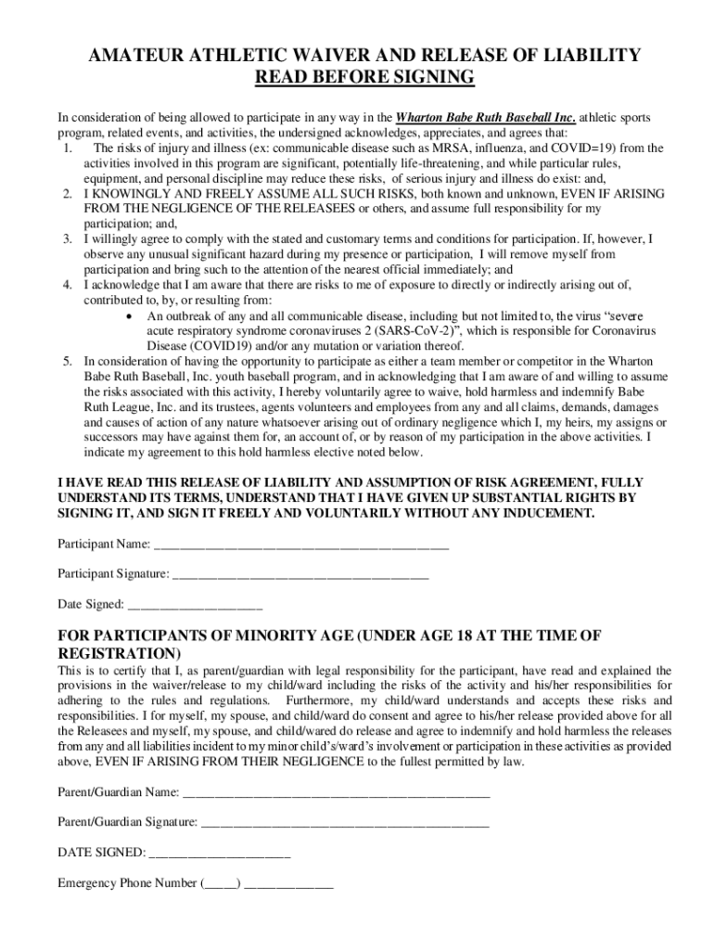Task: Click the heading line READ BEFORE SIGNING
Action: [364, 78]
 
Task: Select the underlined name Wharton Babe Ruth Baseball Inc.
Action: [486, 119]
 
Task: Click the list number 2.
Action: [68, 193]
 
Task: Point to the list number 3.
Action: [68, 238]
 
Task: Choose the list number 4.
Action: [68, 285]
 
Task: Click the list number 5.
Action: [68, 361]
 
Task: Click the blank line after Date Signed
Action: [195, 605]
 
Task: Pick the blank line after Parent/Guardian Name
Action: [337, 793]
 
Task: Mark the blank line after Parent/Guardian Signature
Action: [344, 823]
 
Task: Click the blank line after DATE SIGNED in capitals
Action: [220, 853]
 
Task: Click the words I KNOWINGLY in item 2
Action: [125, 193]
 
